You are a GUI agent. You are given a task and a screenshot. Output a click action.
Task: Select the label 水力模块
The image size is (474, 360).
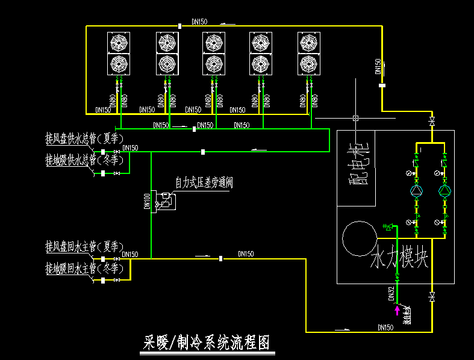[399, 259]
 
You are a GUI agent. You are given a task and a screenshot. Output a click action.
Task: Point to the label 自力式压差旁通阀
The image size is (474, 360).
[204, 182]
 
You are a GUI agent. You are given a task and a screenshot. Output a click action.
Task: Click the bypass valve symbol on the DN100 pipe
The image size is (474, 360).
[166, 200]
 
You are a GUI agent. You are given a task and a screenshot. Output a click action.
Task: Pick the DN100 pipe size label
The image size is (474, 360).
[147, 201]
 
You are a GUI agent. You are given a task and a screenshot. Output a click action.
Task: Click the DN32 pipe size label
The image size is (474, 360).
[391, 293]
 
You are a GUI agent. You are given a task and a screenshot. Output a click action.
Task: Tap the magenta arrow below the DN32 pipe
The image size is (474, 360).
[397, 310]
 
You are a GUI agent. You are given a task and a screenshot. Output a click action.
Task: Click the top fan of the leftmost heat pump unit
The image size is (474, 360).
[118, 42]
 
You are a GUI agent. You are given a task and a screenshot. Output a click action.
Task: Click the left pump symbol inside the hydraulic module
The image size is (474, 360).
[416, 191]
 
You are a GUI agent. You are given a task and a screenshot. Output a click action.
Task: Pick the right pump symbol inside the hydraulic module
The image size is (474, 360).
[444, 191]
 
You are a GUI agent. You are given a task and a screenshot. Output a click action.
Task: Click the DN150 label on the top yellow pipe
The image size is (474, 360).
[199, 22]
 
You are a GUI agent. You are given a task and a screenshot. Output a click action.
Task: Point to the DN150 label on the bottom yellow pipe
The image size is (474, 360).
[385, 327]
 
